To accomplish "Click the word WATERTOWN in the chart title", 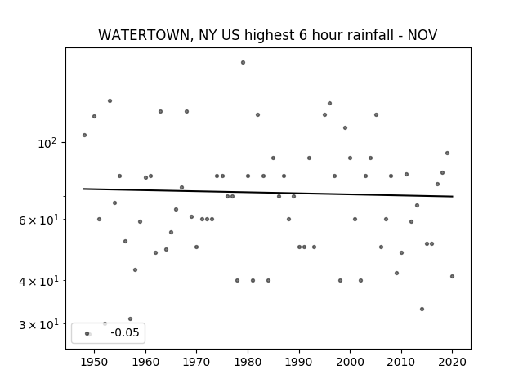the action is click(x=144, y=35).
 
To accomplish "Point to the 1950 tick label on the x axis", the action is click(x=95, y=362).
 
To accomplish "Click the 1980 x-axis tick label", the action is click(x=248, y=362).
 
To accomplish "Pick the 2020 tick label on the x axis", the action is click(x=452, y=362).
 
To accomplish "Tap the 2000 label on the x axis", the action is click(x=350, y=362).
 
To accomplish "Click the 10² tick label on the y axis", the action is click(x=47, y=144).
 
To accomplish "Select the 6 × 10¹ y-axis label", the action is click(x=38, y=220).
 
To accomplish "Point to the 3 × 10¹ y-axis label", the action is click(x=38, y=324).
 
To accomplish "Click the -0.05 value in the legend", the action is click(x=125, y=332).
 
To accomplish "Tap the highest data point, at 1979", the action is click(x=244, y=63).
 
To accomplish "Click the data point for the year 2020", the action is click(x=452, y=276).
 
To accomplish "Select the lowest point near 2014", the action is click(x=422, y=310).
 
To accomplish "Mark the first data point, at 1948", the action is click(x=85, y=136).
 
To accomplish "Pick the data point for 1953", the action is click(x=110, y=101).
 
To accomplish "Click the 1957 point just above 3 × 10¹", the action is click(x=131, y=319).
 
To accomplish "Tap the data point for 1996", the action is click(x=330, y=104).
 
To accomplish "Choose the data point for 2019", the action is click(x=448, y=154).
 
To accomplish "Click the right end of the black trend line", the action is click(x=453, y=196).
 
